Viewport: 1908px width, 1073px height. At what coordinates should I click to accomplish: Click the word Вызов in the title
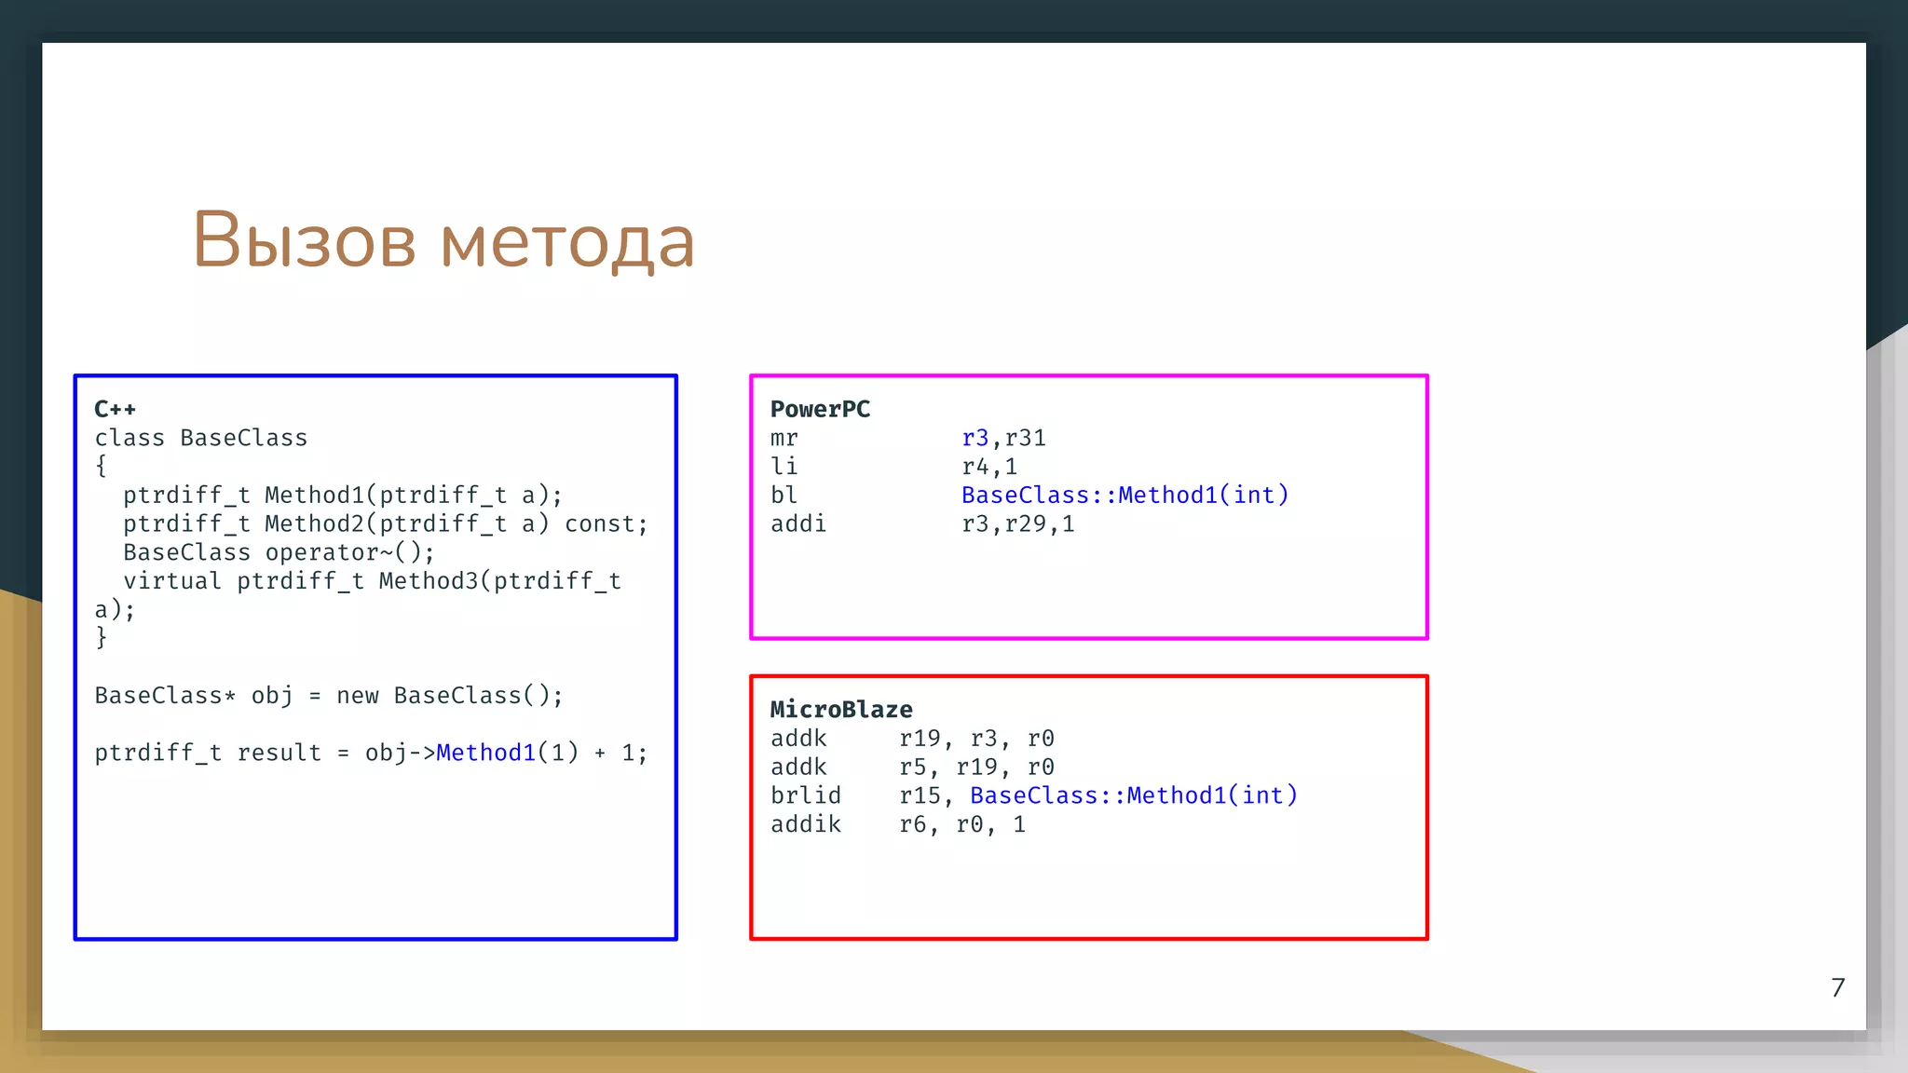click(x=304, y=240)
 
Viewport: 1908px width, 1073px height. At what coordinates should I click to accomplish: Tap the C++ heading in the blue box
click(x=115, y=409)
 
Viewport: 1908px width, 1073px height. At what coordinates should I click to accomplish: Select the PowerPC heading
click(x=820, y=409)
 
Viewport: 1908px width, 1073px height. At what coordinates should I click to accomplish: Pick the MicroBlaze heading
click(x=841, y=710)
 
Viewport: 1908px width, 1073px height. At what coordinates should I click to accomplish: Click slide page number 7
click(x=1837, y=987)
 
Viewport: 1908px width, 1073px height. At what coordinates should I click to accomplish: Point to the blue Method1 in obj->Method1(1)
click(x=485, y=753)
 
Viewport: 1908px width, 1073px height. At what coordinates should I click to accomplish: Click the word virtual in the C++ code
click(x=172, y=581)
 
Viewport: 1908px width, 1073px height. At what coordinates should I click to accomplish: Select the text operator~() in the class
click(x=349, y=552)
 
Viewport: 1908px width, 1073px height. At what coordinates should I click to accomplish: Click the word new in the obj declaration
click(x=358, y=696)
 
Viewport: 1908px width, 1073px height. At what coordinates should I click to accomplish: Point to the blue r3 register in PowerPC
click(x=975, y=438)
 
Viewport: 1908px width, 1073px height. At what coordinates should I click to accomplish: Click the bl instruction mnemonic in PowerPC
click(x=784, y=496)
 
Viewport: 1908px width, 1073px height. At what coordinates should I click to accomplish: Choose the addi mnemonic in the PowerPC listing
click(x=798, y=524)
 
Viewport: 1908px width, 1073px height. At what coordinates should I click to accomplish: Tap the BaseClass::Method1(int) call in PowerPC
click(x=1124, y=496)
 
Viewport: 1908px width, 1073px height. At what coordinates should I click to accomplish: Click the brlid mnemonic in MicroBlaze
click(x=806, y=795)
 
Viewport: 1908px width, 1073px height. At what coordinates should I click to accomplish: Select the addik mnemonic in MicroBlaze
click(x=806, y=824)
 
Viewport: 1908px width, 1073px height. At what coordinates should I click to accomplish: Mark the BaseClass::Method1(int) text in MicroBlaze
click(x=1133, y=795)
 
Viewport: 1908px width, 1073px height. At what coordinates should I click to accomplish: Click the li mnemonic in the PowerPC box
click(x=784, y=467)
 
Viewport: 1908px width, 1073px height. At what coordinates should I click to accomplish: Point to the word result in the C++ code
click(x=279, y=753)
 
